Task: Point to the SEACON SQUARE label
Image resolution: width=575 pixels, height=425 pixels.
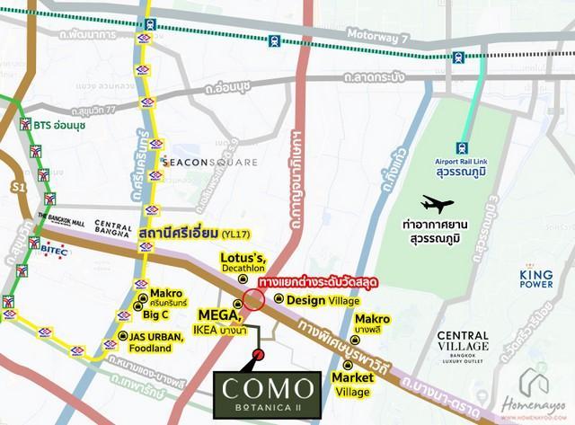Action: click(x=210, y=163)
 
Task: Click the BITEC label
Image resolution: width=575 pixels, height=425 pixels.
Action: click(x=52, y=252)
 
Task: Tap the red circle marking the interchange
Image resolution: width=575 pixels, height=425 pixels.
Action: click(x=254, y=298)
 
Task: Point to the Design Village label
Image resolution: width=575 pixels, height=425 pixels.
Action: click(x=320, y=299)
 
